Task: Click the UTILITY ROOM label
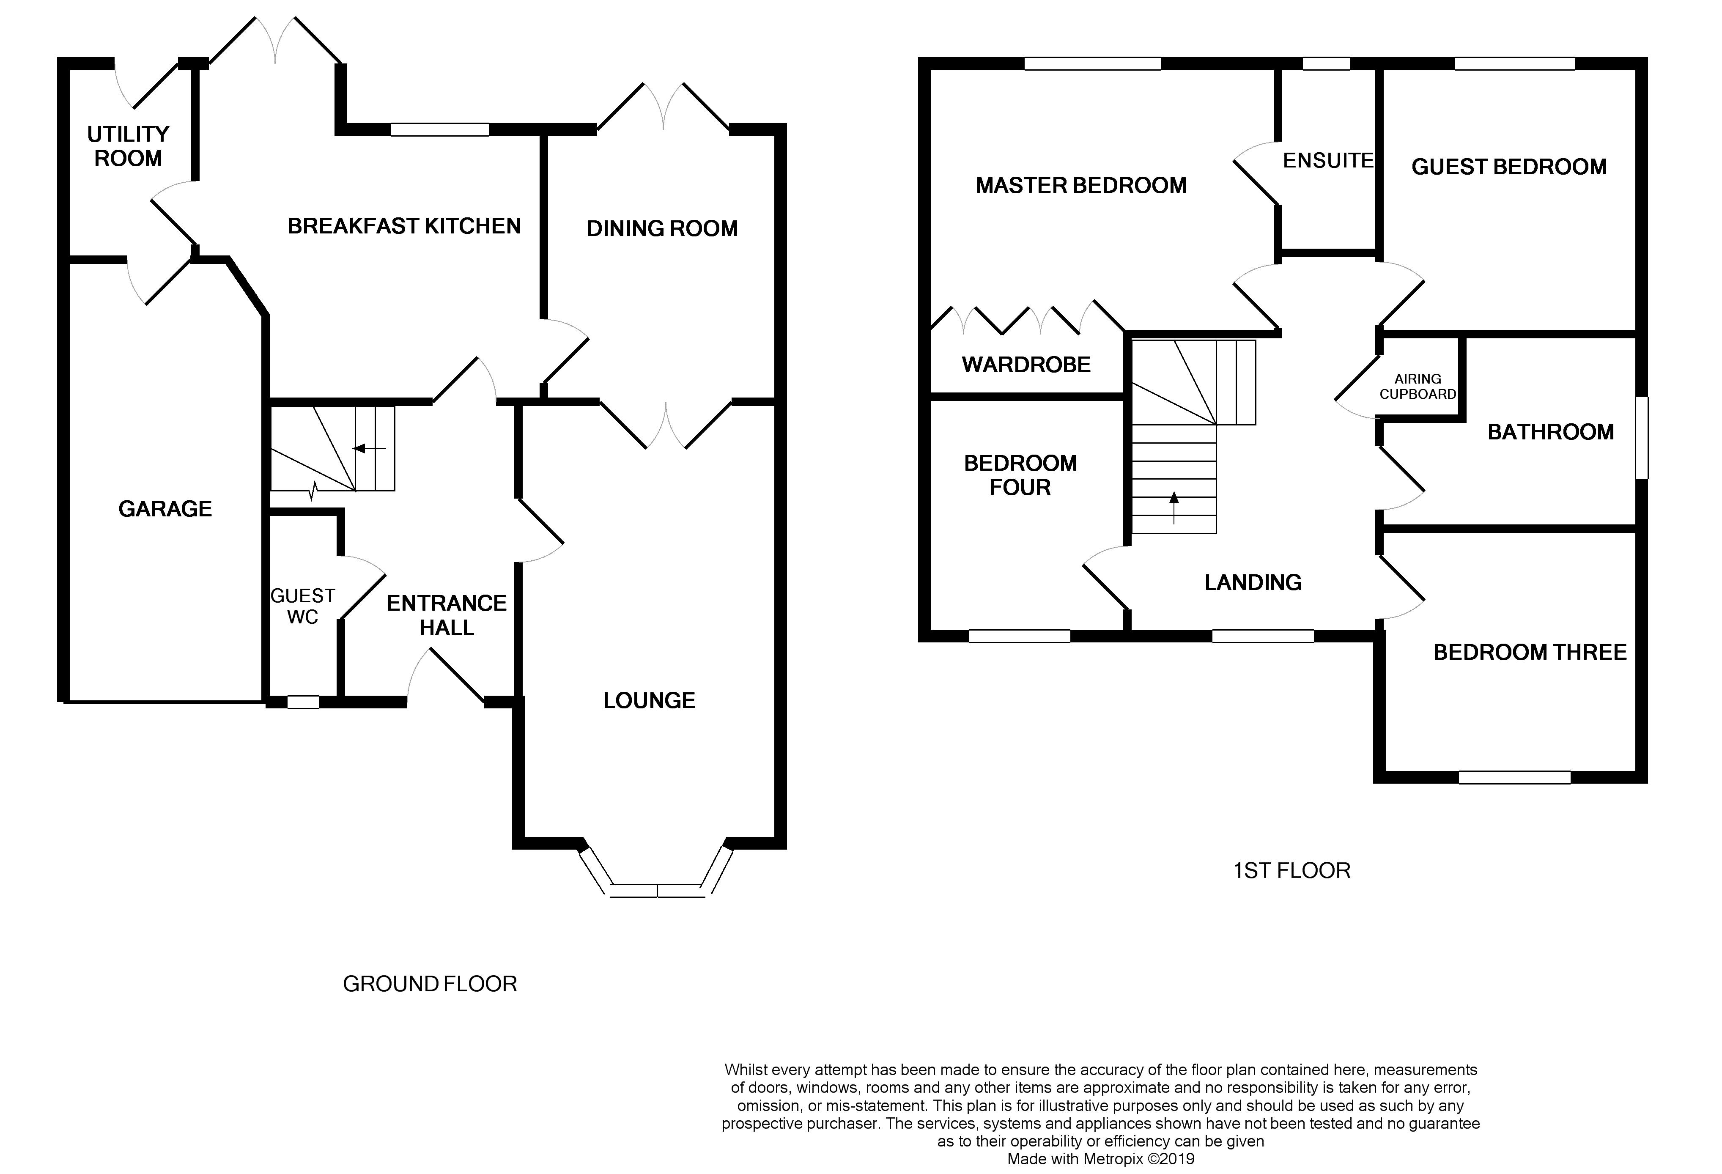coord(128,146)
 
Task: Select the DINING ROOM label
coord(662,228)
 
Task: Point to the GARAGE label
coord(165,508)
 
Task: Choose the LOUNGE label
coord(649,700)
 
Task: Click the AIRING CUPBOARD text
coord(1418,386)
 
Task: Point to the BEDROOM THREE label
coord(1530,652)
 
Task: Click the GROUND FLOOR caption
coord(430,984)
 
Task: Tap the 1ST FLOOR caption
coord(1291,870)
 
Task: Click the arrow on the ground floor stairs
coord(370,448)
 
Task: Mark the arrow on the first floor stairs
coord(1174,507)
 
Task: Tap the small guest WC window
coord(302,702)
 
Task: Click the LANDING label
coord(1253,582)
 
